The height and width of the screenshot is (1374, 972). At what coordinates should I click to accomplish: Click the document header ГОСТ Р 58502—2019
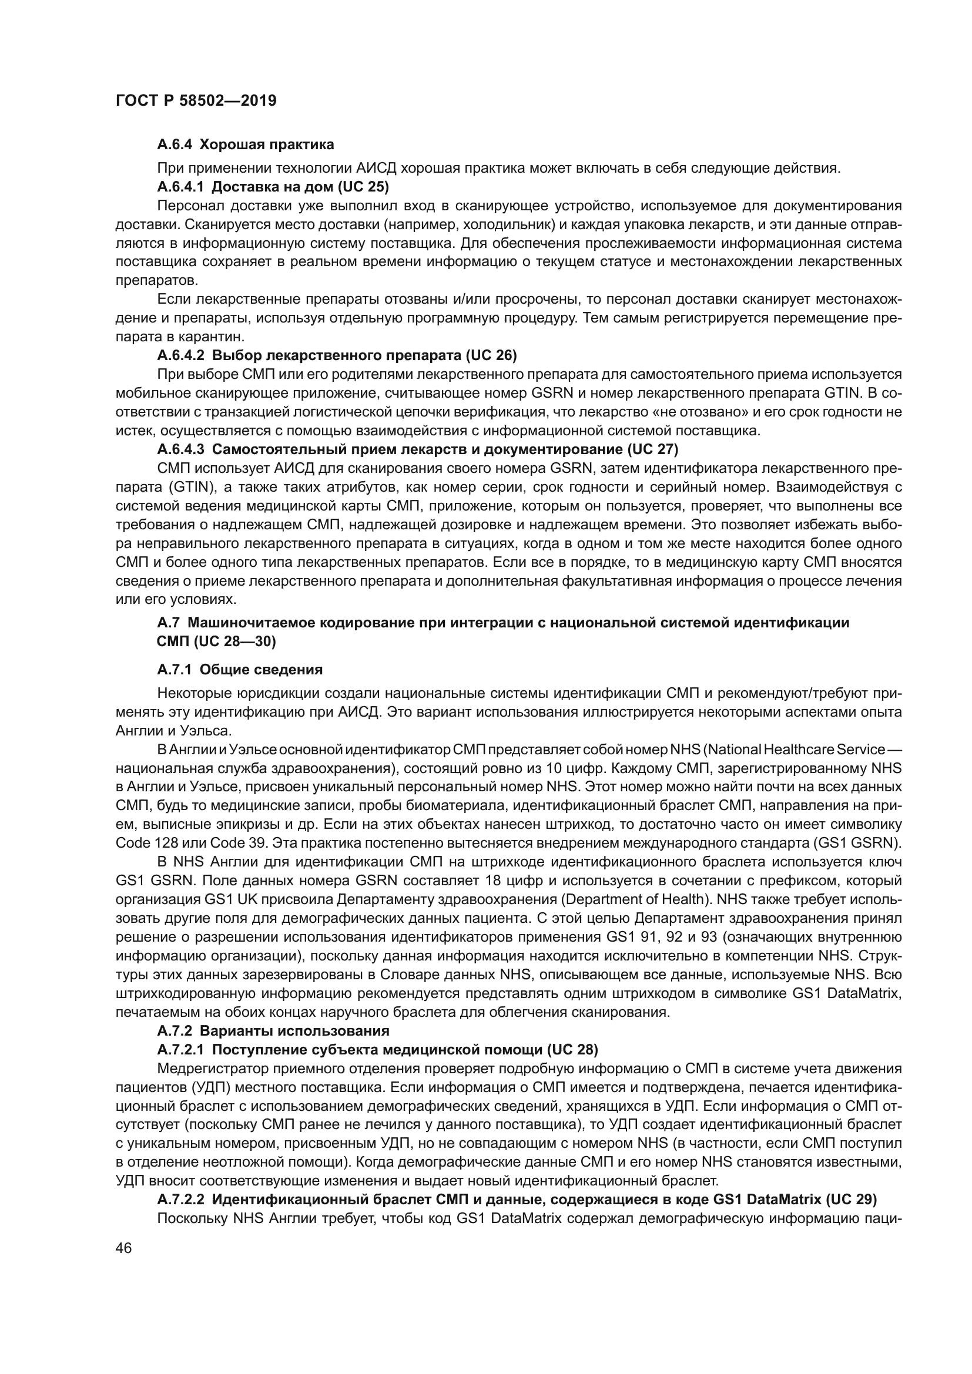click(x=196, y=100)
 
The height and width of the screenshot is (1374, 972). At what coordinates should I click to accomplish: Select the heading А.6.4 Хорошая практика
click(x=246, y=145)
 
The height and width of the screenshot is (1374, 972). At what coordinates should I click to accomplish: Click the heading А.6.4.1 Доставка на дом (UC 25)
click(x=273, y=187)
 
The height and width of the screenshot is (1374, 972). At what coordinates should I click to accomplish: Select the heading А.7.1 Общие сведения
click(x=239, y=669)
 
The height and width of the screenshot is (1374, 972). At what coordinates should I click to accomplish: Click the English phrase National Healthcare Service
click(x=790, y=749)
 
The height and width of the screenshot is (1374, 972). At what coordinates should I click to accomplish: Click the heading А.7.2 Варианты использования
click(x=273, y=1030)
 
